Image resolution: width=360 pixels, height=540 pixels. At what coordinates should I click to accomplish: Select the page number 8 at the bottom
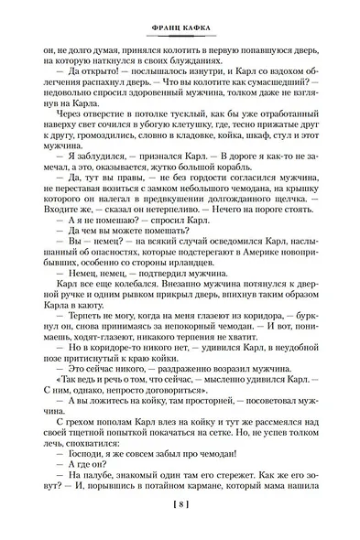point(180,524)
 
